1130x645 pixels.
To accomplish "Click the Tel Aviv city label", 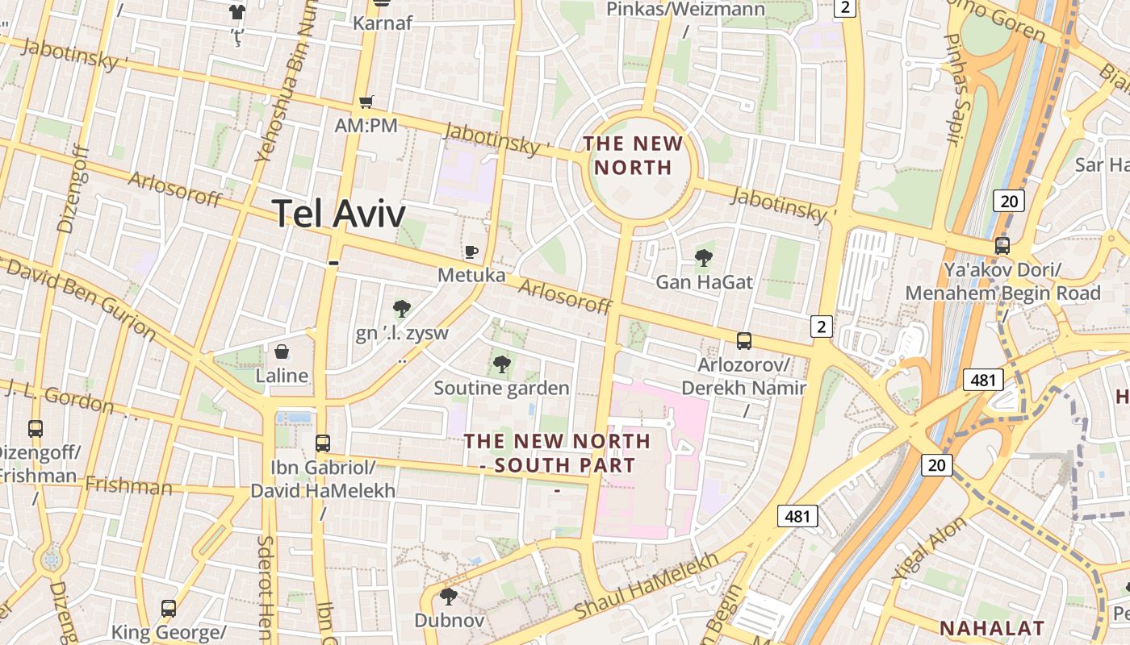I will [x=339, y=214].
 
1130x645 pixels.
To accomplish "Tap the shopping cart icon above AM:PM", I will [x=366, y=102].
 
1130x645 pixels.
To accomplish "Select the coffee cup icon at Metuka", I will [x=471, y=252].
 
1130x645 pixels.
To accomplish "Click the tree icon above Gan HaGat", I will [x=704, y=258].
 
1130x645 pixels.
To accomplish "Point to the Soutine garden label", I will [x=501, y=388].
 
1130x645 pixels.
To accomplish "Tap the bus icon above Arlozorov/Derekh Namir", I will [x=744, y=341].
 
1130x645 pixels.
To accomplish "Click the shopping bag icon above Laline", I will [x=282, y=352].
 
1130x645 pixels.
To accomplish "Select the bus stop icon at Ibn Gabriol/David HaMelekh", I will [x=323, y=443].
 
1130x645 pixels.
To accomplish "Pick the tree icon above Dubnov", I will [x=449, y=597].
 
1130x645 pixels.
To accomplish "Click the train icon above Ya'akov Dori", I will [x=1002, y=246].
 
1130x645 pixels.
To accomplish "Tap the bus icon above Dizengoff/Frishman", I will [x=36, y=428].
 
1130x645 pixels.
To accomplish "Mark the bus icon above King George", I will [x=169, y=608].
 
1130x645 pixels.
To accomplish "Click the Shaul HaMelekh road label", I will [x=646, y=585].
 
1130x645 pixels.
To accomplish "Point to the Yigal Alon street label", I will [x=929, y=549].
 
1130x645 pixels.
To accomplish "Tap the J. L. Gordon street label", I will [x=58, y=395].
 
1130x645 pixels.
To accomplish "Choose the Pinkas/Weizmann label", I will [x=685, y=10].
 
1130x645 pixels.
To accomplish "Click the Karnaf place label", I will [x=382, y=23].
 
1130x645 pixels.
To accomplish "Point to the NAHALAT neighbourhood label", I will [x=992, y=628].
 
